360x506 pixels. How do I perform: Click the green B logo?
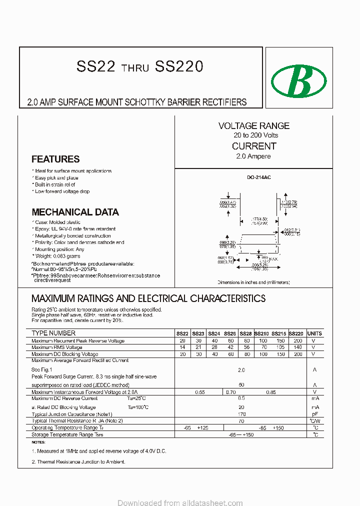(x=298, y=80)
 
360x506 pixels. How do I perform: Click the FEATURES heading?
(x=55, y=159)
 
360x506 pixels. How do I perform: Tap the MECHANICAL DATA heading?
(x=75, y=212)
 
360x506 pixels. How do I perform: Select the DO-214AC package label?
(x=258, y=177)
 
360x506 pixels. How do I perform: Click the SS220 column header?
(x=296, y=333)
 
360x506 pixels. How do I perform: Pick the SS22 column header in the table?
(x=182, y=333)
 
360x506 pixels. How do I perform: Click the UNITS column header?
(x=314, y=333)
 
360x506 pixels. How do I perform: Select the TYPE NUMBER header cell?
(x=53, y=333)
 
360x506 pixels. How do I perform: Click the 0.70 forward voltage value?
(x=230, y=392)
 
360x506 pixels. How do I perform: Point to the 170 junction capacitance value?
(x=241, y=414)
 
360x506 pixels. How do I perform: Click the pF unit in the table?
(x=314, y=414)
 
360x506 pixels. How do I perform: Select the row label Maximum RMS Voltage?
(x=57, y=347)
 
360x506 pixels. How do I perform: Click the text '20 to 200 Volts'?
(x=255, y=135)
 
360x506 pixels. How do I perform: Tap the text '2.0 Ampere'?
(x=253, y=156)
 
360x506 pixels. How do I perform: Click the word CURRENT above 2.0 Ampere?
(x=254, y=146)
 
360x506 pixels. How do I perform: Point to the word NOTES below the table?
(x=38, y=442)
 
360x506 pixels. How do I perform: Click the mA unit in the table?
(x=314, y=398)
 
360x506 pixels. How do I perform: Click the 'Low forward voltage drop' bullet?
(x=62, y=191)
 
